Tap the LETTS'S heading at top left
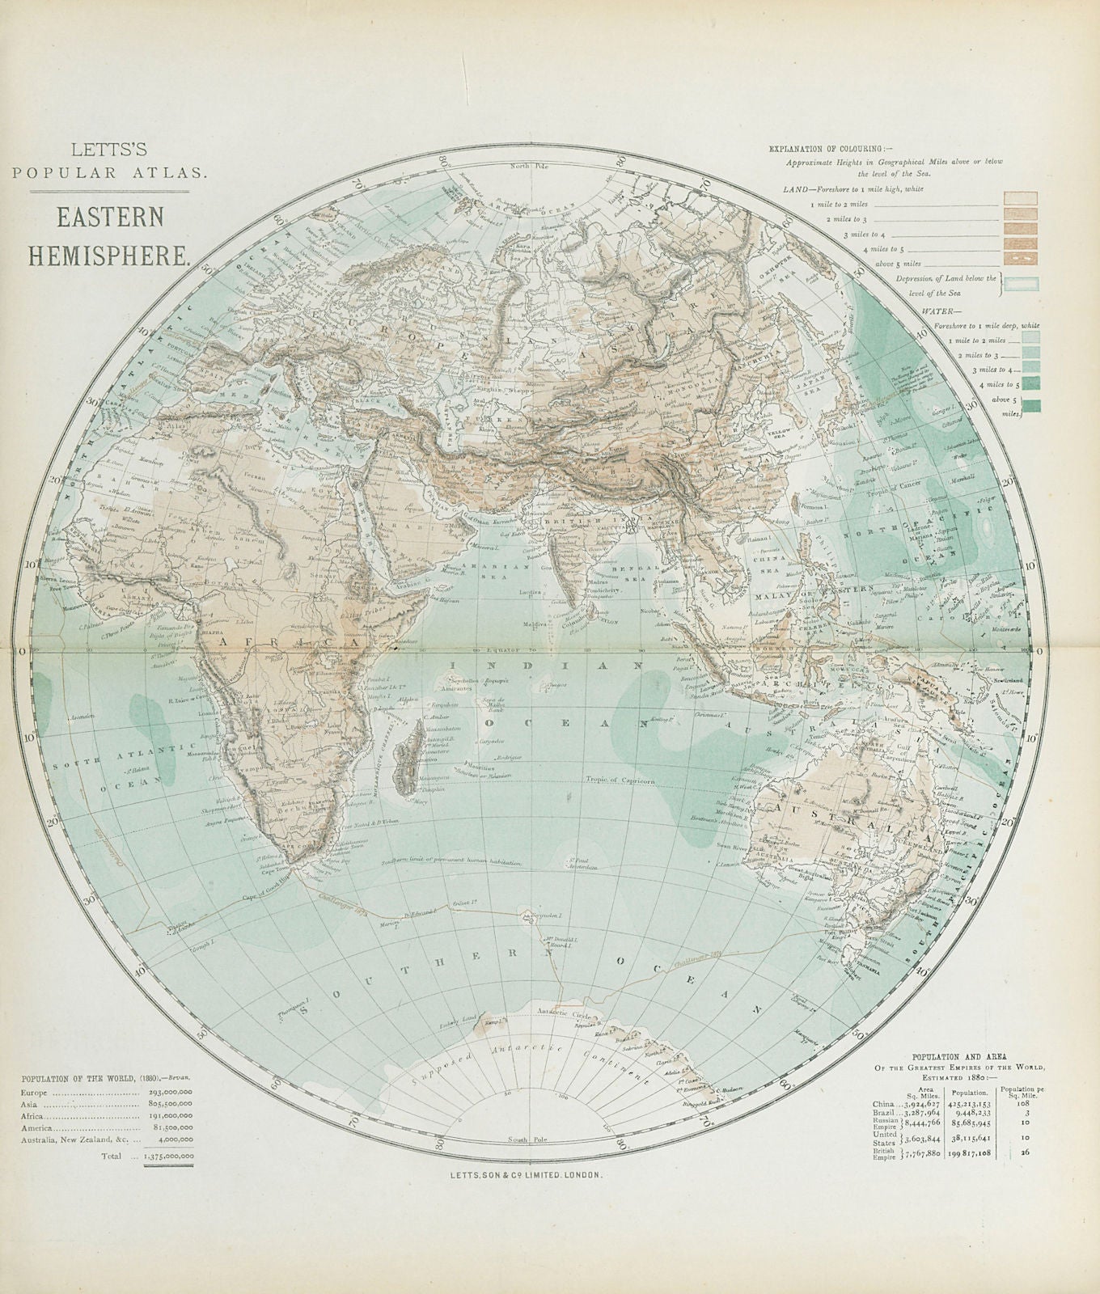pyautogui.click(x=110, y=150)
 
